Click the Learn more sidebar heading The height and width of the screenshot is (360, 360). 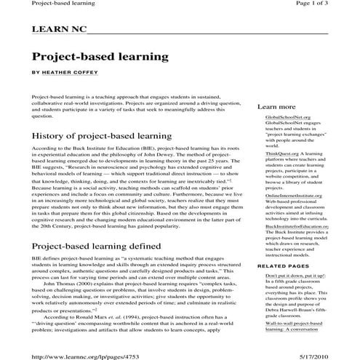pyautogui.click(x=276, y=107)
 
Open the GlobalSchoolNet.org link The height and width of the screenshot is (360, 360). pyautogui.click(x=288, y=116)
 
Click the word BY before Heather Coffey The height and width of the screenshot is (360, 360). pyautogui.click(x=36, y=73)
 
